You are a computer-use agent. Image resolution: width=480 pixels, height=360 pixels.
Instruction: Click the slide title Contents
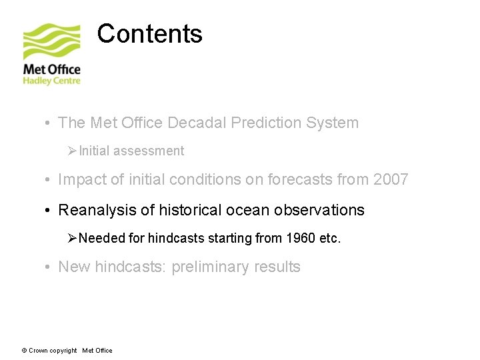(149, 33)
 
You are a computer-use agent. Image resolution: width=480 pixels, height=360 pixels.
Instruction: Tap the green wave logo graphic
(52, 42)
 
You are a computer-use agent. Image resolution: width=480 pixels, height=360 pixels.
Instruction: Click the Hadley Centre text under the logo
(51, 81)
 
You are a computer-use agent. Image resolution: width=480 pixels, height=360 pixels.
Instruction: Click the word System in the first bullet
(334, 123)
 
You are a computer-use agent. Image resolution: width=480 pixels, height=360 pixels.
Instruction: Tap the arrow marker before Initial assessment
(73, 151)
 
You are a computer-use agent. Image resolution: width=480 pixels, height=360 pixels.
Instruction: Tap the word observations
(321, 210)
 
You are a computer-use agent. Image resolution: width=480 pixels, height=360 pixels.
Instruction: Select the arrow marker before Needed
(73, 238)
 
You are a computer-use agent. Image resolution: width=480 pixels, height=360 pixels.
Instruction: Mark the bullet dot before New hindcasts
(49, 267)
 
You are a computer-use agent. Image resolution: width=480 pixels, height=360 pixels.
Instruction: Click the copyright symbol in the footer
(24, 351)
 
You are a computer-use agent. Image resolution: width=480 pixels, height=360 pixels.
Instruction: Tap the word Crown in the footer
(38, 351)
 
